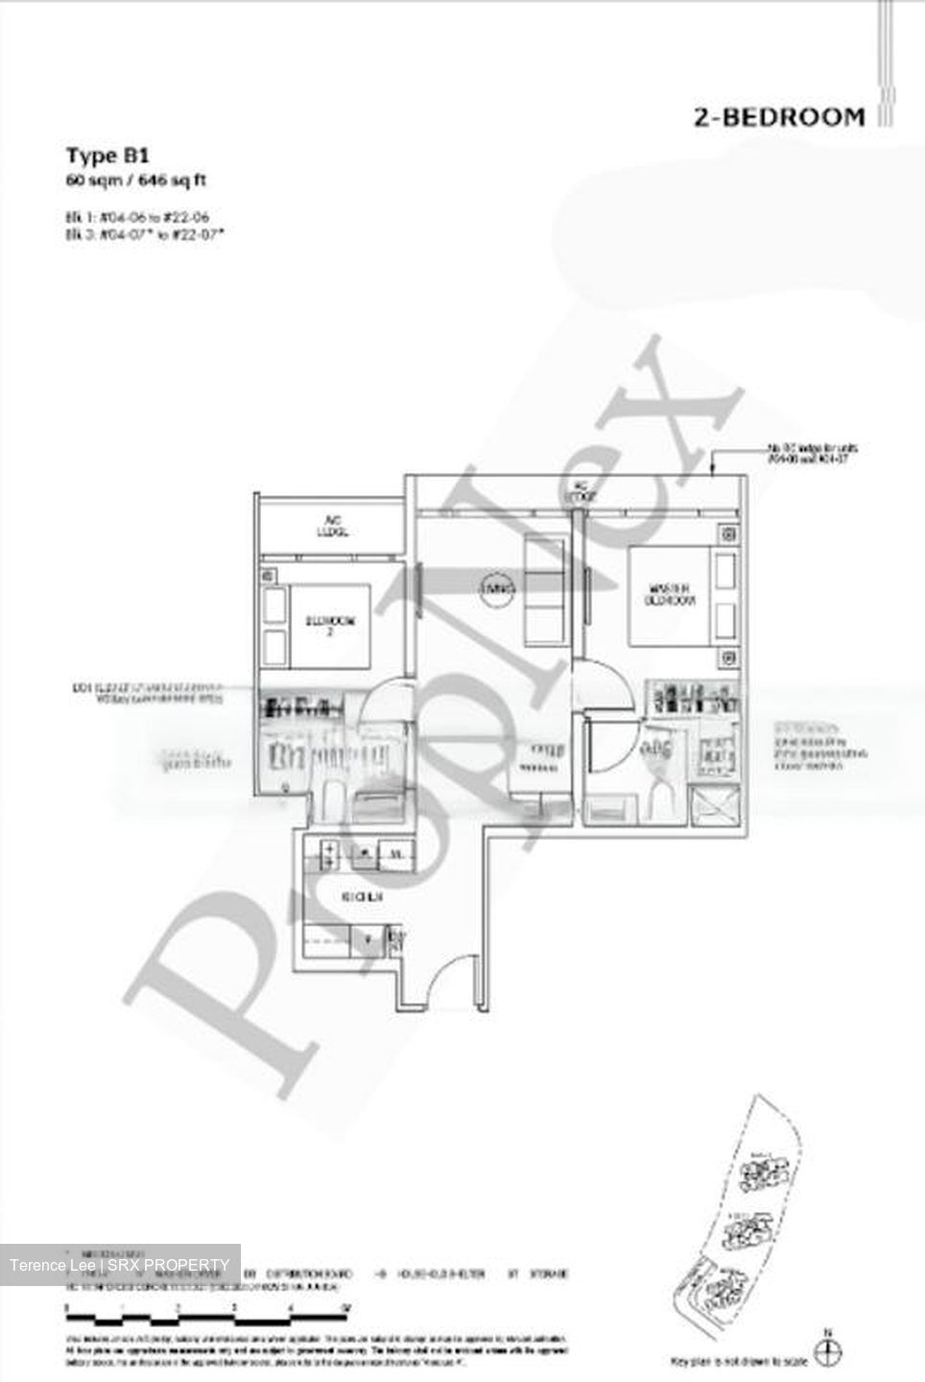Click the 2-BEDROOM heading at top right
tap(778, 118)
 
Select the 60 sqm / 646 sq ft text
tap(136, 179)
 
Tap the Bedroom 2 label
tap(330, 625)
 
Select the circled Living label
tap(498, 587)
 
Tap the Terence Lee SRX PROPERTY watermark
tap(120, 1264)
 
